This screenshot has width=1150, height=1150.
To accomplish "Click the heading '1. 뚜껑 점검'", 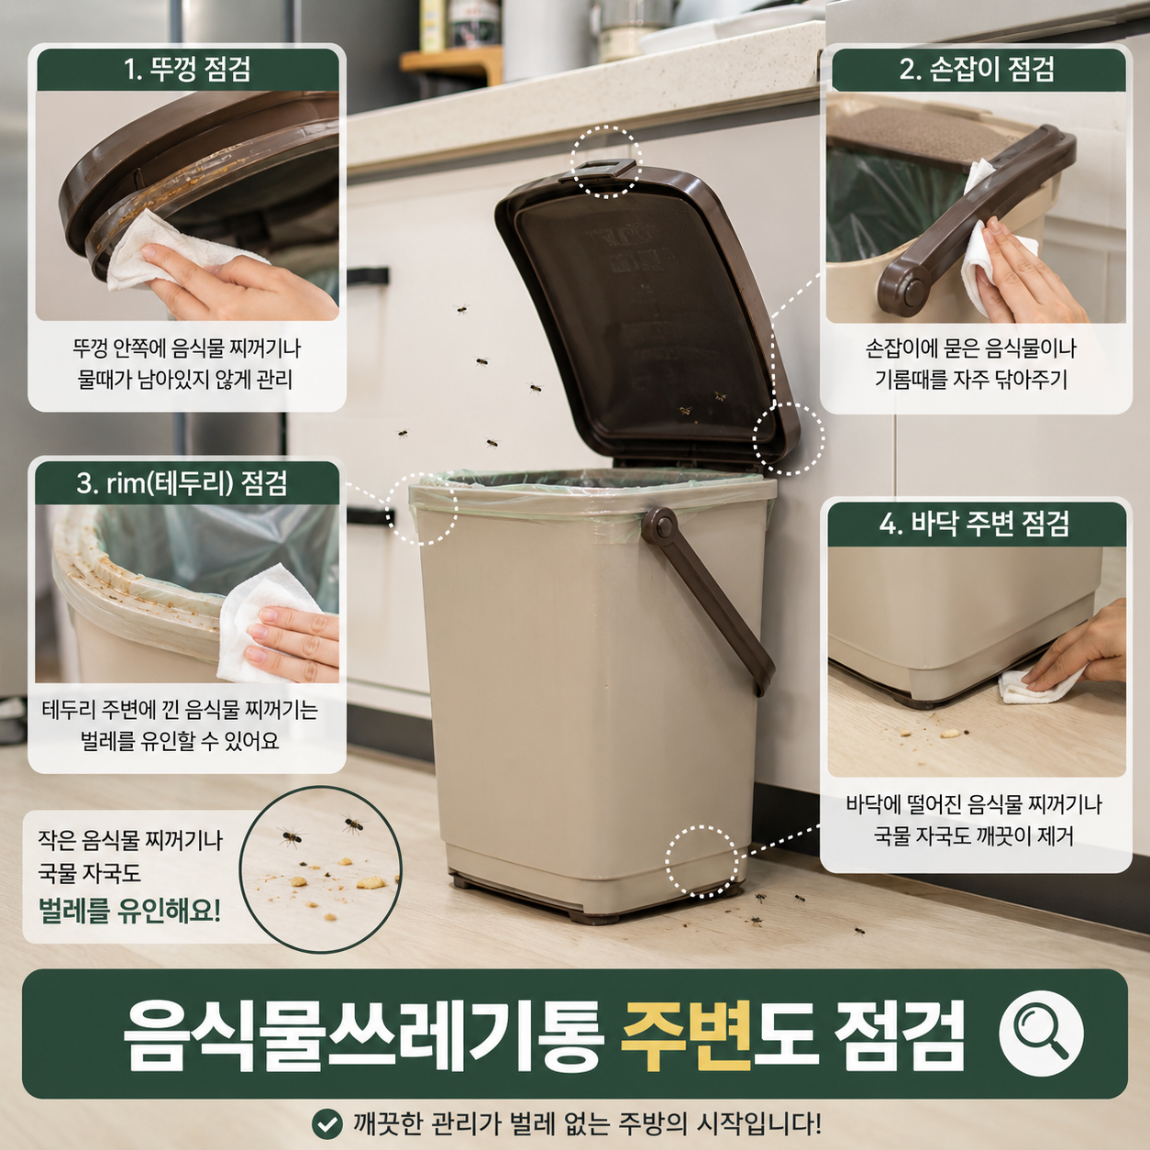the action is pos(187,70).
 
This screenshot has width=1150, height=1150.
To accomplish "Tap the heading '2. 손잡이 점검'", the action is pos(977,70).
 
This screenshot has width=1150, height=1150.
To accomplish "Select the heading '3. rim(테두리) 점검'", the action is pos(182,483).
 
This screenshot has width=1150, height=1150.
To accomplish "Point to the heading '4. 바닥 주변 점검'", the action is pos(974,525).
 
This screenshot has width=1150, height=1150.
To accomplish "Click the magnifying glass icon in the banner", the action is pos(1042,1033).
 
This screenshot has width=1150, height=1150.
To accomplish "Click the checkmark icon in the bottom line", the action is pos(327,1124).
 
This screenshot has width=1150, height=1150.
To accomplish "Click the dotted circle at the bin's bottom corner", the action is pos(702,861).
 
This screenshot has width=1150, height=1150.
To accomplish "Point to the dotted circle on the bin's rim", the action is pos(421,508).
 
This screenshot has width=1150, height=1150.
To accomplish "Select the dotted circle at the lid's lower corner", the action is pos(789,438).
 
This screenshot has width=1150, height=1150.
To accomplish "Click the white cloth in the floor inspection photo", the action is pos(1037,685).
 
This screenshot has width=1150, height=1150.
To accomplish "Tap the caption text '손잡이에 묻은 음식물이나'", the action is pos(971,348).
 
